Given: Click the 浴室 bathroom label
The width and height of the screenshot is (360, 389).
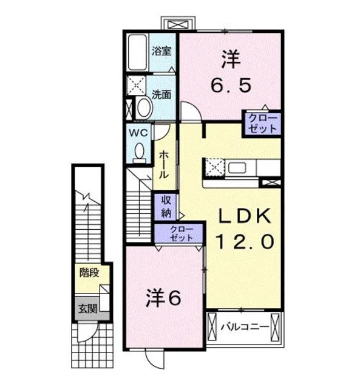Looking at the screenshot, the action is click(161, 51).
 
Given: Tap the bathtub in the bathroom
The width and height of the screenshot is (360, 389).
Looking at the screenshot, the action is click(138, 52).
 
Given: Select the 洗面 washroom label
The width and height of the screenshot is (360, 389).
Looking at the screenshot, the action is click(161, 94).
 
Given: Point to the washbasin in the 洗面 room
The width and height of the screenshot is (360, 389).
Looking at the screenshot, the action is click(144, 108).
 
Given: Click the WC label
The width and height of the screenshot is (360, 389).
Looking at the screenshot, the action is click(138, 133).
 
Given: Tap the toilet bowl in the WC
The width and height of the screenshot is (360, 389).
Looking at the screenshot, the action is click(140, 151).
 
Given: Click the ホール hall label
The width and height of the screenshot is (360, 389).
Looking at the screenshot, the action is click(163, 165).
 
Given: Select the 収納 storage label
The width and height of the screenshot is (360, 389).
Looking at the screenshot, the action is click(166, 207).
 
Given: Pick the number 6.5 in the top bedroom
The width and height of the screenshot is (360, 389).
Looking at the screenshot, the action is click(231, 85).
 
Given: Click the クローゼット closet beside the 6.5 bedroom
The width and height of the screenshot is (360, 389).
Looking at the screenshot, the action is click(262, 123).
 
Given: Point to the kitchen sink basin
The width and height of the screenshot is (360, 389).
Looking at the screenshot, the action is click(237, 168).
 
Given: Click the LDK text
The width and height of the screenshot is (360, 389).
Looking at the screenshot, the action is click(244, 216).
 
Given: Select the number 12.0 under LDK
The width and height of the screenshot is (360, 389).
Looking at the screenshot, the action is click(245, 242).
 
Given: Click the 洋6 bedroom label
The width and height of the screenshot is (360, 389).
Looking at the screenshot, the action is click(163, 298).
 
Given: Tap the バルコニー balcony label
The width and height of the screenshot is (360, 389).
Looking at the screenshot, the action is click(244, 327).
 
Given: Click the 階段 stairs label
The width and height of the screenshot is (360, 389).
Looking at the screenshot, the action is click(89, 273).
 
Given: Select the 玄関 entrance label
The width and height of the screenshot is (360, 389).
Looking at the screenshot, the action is click(87, 309).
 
